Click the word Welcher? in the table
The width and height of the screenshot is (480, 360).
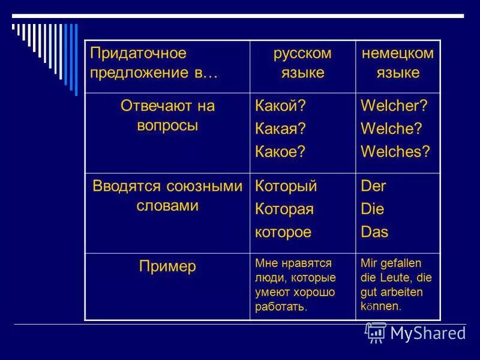[394, 106]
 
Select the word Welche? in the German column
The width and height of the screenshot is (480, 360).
[391, 128]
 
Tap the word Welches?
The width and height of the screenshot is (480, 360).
[395, 151]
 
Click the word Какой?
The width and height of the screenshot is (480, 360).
[280, 106]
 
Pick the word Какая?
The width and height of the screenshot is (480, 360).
[280, 128]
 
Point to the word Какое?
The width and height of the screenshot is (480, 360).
[280, 151]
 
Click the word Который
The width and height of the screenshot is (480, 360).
[286, 186]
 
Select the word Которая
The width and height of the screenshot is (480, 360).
[284, 209]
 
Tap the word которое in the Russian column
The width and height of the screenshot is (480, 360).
[283, 232]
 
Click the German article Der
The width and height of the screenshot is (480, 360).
[373, 186]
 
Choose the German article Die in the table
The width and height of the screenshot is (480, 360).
[372, 209]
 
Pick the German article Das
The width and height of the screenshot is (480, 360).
[374, 232]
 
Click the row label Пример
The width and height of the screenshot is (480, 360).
[167, 266]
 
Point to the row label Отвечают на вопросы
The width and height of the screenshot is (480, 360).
[167, 116]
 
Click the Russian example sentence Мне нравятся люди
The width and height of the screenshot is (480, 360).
[295, 285]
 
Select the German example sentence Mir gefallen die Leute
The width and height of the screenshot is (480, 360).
[396, 285]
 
